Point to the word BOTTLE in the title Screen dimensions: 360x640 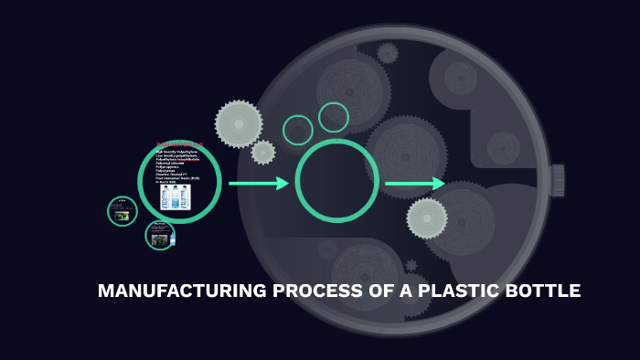[541, 292]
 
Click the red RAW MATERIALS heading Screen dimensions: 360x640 [179, 144]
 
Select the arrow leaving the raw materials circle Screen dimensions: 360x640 [258, 184]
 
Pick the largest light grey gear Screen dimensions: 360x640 [239, 123]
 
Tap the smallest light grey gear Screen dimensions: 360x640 [263, 153]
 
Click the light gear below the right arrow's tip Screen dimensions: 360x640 [427, 218]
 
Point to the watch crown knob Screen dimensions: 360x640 [557, 180]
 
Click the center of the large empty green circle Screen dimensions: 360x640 [336, 181]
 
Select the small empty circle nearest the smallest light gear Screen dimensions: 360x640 [298, 130]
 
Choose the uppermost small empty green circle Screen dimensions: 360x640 [334, 117]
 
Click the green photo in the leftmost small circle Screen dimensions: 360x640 [122, 213]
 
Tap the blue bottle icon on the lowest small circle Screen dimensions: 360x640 [172, 239]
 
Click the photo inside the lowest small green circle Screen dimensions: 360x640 [159, 237]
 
